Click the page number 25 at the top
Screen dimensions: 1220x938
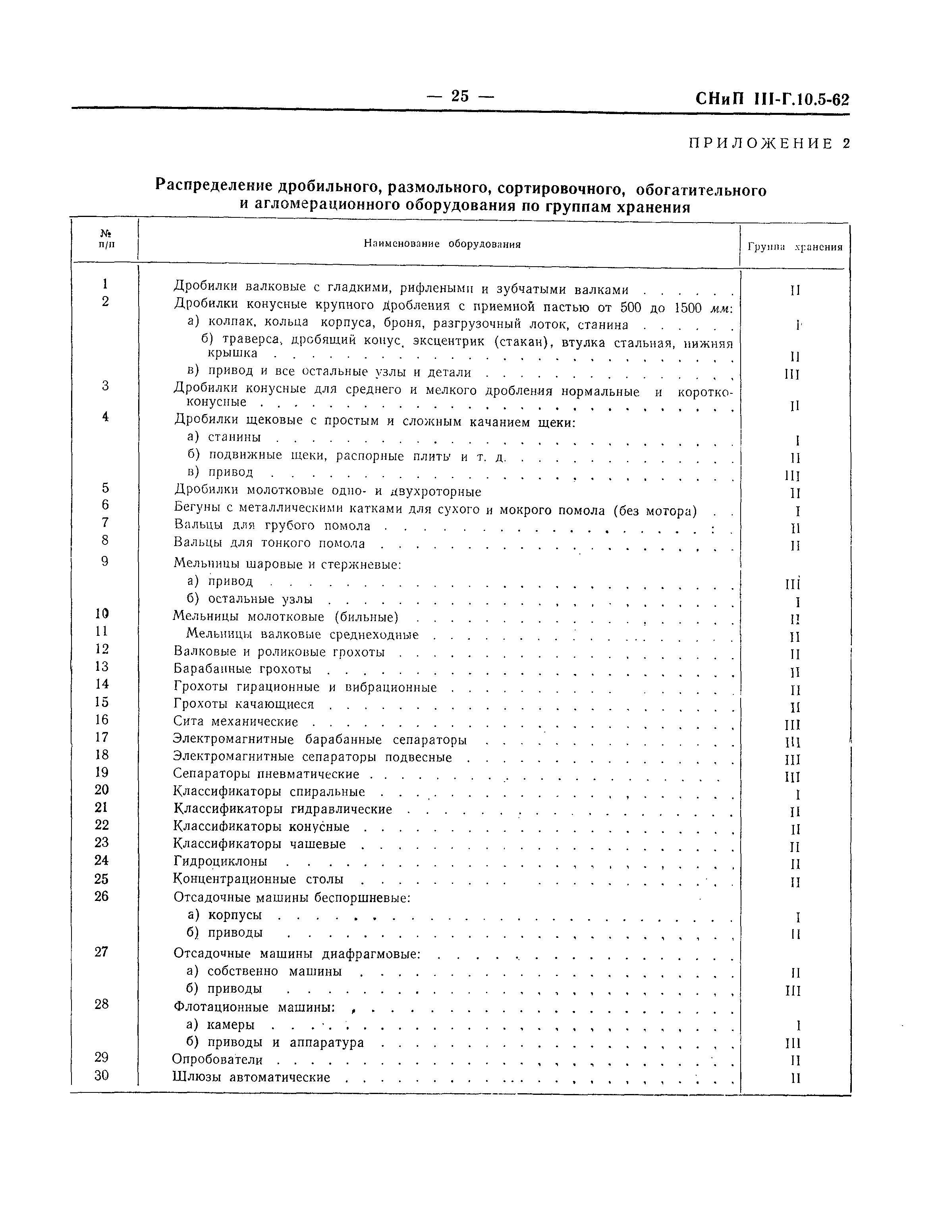click(460, 96)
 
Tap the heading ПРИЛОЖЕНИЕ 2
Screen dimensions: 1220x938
click(769, 143)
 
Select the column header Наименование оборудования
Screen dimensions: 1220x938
click(442, 244)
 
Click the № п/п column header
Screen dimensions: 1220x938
click(105, 240)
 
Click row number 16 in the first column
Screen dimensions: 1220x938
click(102, 720)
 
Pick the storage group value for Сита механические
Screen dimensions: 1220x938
click(792, 725)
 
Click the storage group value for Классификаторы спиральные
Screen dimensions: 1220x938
click(798, 794)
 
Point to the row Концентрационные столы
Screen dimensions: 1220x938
click(259, 879)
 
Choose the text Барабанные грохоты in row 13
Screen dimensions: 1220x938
click(242, 669)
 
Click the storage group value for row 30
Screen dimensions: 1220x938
click(795, 1078)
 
